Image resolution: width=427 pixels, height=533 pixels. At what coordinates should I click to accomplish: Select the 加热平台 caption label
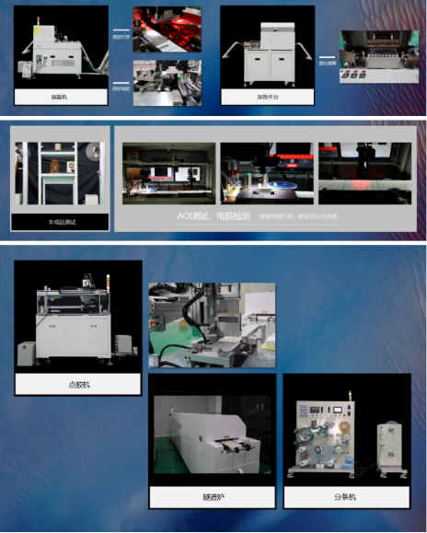pyautogui.click(x=268, y=96)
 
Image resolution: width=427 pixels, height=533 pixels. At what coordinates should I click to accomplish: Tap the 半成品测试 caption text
pyautogui.click(x=59, y=222)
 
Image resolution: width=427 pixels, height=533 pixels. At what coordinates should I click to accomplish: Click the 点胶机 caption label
pyautogui.click(x=78, y=384)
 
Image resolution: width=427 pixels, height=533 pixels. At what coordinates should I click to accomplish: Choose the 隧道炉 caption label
pyautogui.click(x=213, y=497)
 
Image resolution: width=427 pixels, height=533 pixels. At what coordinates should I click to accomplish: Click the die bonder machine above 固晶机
pyautogui.click(x=57, y=52)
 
